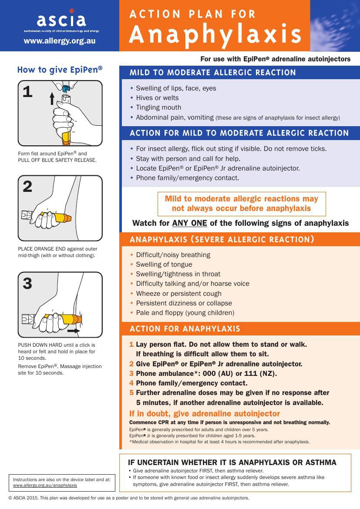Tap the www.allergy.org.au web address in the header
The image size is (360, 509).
tap(60, 41)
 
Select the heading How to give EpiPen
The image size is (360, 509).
tap(60, 70)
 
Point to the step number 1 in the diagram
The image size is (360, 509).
tap(27, 91)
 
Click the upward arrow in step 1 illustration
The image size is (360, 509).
tap(52, 98)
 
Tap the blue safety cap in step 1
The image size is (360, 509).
tap(66, 88)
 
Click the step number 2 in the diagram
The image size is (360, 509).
tap(27, 187)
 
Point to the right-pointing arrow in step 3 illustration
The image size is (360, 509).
tap(74, 331)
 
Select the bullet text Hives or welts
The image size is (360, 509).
tap(157, 98)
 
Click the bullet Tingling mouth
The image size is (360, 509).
tap(158, 107)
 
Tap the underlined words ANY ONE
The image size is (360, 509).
tap(189, 223)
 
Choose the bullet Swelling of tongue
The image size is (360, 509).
tap(164, 265)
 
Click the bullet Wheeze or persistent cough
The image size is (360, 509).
tap(179, 294)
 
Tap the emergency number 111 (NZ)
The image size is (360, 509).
tap(260, 373)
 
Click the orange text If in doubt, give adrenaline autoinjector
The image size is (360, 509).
tap(205, 414)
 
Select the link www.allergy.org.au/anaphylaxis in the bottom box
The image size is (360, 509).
tap(45, 486)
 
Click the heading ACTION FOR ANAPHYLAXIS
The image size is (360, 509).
tap(185, 329)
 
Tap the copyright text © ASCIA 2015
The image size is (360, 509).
tap(23, 498)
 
